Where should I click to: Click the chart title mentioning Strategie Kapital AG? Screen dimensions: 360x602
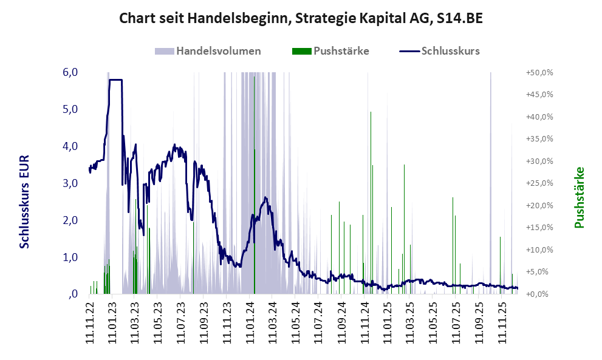click(x=301, y=18)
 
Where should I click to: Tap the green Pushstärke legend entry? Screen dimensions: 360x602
click(x=330, y=51)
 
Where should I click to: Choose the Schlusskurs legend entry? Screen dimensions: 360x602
click(x=440, y=51)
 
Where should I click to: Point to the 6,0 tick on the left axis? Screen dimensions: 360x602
click(x=70, y=72)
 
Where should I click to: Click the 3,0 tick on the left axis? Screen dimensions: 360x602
click(x=70, y=183)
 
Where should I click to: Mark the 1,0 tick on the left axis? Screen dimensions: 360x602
click(x=70, y=257)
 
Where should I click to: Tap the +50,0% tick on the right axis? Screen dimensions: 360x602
click(x=539, y=72)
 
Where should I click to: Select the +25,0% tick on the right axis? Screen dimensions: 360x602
click(x=539, y=183)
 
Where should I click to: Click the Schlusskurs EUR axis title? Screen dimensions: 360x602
click(x=25, y=201)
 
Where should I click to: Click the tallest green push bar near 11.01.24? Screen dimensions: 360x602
click(x=254, y=182)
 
